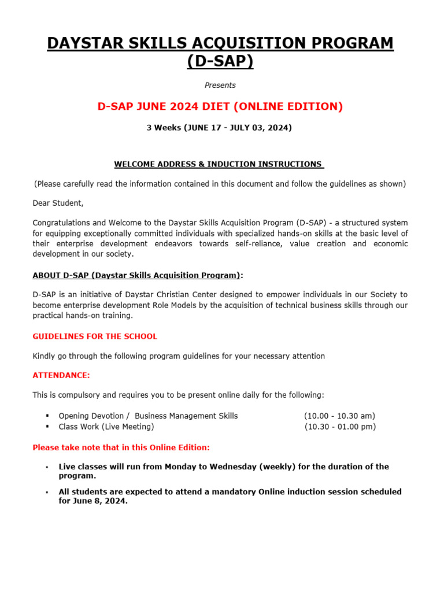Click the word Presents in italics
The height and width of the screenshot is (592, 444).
(220, 85)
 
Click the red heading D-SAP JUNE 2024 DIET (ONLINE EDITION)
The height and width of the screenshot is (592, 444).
(220, 106)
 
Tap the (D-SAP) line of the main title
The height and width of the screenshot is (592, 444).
(220, 61)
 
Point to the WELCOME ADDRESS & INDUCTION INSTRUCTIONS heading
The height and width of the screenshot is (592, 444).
(219, 164)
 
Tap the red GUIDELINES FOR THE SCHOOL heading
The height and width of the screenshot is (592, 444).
(95, 336)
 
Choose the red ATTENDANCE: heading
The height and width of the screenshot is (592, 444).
(61, 375)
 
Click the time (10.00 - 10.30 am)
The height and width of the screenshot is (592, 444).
(339, 416)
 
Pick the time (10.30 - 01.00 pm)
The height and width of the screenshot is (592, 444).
(340, 427)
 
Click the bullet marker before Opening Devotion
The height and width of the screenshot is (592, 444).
(46, 416)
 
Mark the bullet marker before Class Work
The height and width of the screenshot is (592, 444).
(46, 427)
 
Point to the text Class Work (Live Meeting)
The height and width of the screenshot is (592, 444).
(106, 427)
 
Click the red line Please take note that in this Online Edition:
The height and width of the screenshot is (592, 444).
(121, 447)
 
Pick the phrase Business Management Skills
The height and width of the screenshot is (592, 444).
(186, 416)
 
